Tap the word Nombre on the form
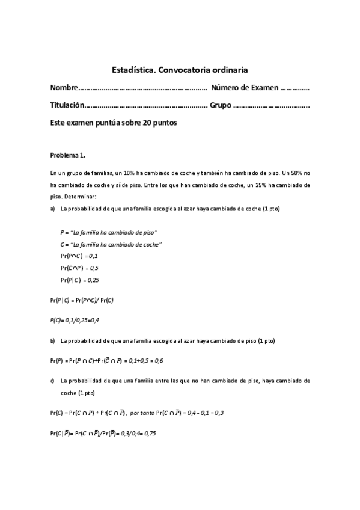click(x=64, y=88)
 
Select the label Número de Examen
click(x=245, y=88)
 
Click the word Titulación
click(x=67, y=105)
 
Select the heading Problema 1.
click(x=68, y=155)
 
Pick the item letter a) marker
click(x=53, y=209)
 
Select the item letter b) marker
click(x=53, y=341)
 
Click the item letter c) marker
click(x=53, y=381)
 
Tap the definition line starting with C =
click(x=111, y=244)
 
